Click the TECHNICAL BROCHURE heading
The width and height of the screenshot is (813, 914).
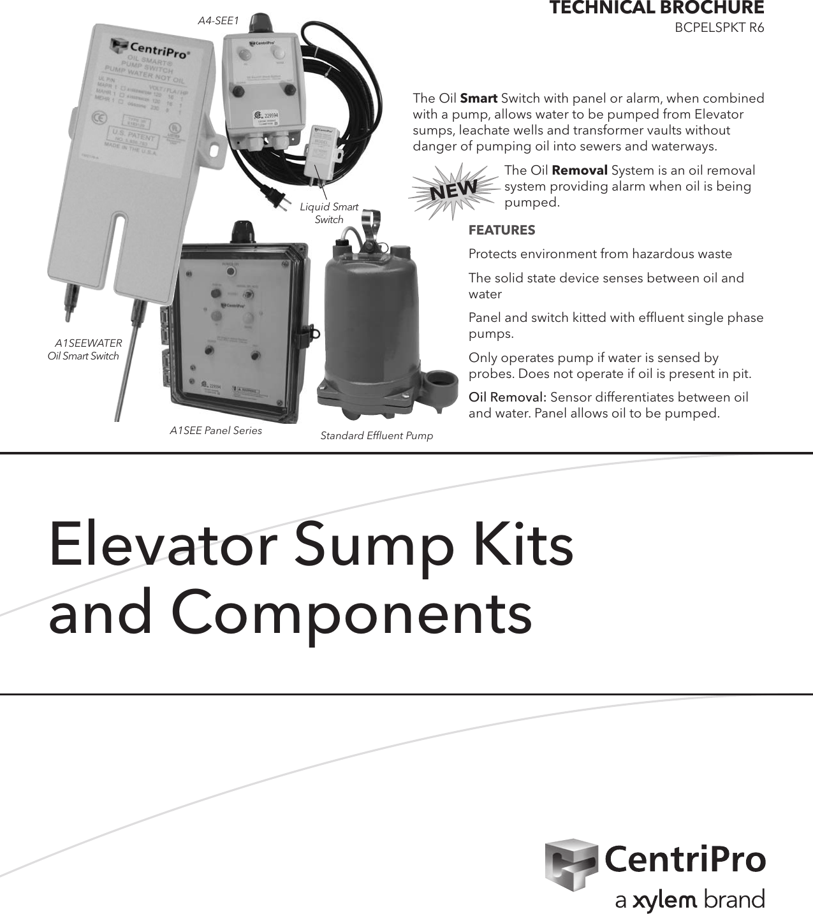tap(656, 8)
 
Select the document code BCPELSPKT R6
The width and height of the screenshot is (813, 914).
tap(719, 28)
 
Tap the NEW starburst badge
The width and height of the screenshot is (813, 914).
tap(453, 189)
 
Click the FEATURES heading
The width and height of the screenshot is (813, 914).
tap(502, 230)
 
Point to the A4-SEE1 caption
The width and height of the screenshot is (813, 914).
tap(217, 21)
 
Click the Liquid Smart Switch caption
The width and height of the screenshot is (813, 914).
tap(329, 213)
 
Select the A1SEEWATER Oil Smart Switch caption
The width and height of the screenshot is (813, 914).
tap(85, 349)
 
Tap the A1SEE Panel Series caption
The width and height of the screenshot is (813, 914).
tap(216, 431)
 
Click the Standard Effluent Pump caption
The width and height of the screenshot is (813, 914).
tap(376, 436)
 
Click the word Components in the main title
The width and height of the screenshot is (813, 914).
tap(351, 613)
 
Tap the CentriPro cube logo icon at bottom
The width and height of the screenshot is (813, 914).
tap(570, 864)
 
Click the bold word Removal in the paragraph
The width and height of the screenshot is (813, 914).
tap(579, 171)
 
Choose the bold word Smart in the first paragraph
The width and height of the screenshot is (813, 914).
tap(478, 99)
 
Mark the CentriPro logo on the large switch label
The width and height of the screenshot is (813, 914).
tap(150, 48)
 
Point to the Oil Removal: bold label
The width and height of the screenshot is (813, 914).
tap(507, 398)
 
